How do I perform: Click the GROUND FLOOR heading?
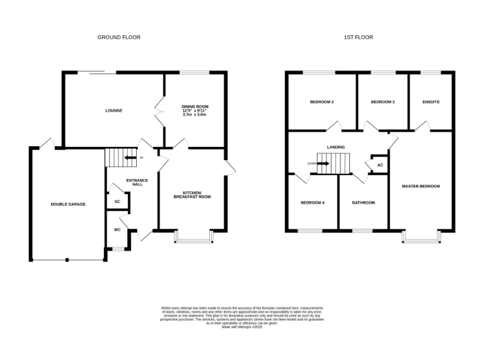(x=118, y=38)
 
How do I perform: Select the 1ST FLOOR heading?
(x=358, y=38)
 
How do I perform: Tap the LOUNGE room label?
(x=113, y=111)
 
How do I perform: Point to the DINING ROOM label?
(x=195, y=107)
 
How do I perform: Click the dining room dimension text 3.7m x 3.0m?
(x=195, y=115)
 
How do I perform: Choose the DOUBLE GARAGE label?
(x=68, y=204)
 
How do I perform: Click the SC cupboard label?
(x=117, y=202)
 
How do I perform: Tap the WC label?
(x=117, y=229)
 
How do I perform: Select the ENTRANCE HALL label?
(x=137, y=183)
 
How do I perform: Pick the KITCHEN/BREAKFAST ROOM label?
(x=192, y=195)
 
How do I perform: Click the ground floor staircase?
(x=117, y=158)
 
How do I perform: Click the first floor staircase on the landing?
(x=332, y=166)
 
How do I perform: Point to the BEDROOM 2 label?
(x=321, y=102)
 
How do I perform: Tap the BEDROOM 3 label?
(x=383, y=102)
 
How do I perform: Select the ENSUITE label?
(x=431, y=102)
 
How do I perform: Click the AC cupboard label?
(x=379, y=166)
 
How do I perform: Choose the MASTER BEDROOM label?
(x=421, y=187)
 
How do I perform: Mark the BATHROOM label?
(x=364, y=203)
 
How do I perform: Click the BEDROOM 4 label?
(x=313, y=203)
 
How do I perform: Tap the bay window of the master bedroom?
(x=421, y=236)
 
